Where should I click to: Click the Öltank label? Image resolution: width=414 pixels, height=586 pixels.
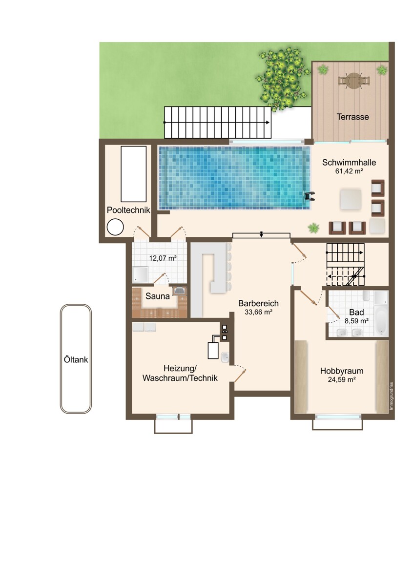pyautogui.click(x=76, y=360)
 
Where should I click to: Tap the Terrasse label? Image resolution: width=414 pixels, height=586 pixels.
pyautogui.click(x=352, y=117)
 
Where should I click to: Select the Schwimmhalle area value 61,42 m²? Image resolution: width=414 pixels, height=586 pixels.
pyautogui.click(x=349, y=171)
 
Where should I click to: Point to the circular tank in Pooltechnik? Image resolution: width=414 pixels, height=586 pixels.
pyautogui.click(x=115, y=227)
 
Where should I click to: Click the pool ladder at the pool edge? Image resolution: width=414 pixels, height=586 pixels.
pyautogui.click(x=310, y=196)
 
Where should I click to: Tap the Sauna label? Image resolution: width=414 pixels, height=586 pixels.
pyautogui.click(x=158, y=296)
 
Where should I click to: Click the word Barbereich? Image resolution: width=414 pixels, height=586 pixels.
pyautogui.click(x=258, y=303)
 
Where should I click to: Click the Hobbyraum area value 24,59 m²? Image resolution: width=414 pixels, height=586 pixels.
pyautogui.click(x=342, y=379)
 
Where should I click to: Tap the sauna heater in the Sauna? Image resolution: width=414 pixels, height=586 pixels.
pyautogui.click(x=180, y=291)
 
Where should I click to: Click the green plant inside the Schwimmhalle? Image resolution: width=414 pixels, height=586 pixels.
pyautogui.click(x=313, y=228)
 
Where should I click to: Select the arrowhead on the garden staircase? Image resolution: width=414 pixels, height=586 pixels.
pyautogui.click(x=268, y=122)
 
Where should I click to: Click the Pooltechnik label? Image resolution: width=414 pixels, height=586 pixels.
pyautogui.click(x=128, y=210)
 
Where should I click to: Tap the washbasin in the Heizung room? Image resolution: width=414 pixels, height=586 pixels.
pyautogui.click(x=225, y=356)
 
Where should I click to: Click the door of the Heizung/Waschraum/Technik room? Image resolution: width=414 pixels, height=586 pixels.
pyautogui.click(x=240, y=376)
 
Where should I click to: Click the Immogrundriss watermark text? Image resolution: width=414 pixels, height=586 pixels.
pyautogui.click(x=391, y=396)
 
